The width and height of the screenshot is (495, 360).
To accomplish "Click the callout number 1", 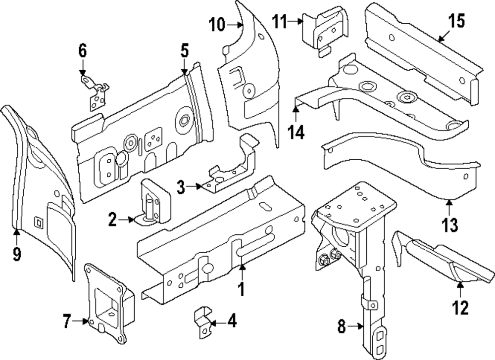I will pos(242,288).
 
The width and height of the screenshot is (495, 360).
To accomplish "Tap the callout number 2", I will pos(113,219).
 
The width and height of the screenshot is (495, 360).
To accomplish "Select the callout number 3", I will pos(181,187).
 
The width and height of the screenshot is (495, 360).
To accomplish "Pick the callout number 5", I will pos(184,50).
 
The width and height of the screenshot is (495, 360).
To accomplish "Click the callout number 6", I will pos(82,50).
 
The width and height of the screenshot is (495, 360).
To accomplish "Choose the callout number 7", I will pos(68,322).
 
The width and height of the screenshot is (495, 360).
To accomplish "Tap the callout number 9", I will pos(17,254).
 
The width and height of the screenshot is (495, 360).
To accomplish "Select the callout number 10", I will pos(217,24).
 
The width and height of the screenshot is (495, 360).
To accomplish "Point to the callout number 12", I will pos(460,308).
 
